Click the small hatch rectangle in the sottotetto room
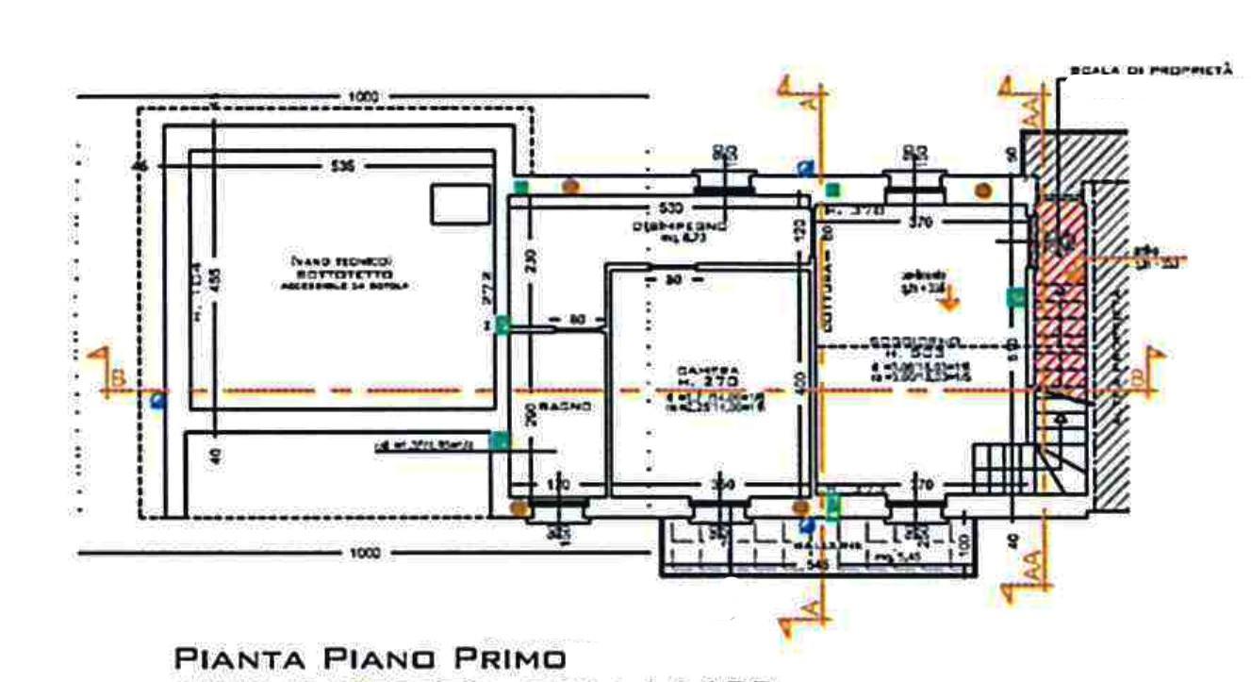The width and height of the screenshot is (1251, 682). [x=460, y=205]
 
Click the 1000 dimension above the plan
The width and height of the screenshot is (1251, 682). [x=363, y=96]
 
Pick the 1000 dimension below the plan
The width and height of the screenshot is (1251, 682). [x=363, y=554]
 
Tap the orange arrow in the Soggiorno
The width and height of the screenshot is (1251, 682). [x=948, y=301]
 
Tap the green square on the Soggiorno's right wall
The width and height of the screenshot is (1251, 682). [x=1015, y=298]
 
